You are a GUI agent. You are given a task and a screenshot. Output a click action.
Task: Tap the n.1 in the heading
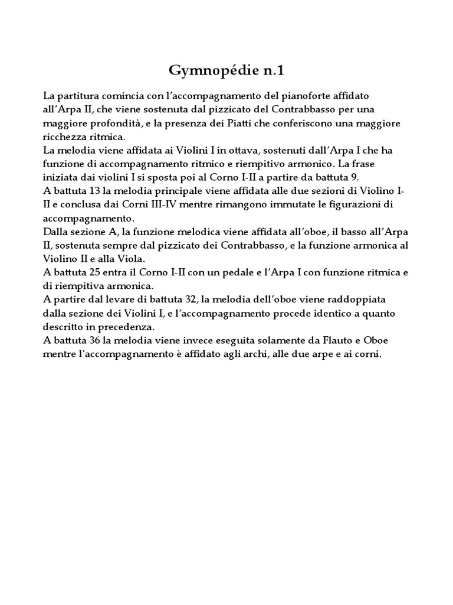271,71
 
